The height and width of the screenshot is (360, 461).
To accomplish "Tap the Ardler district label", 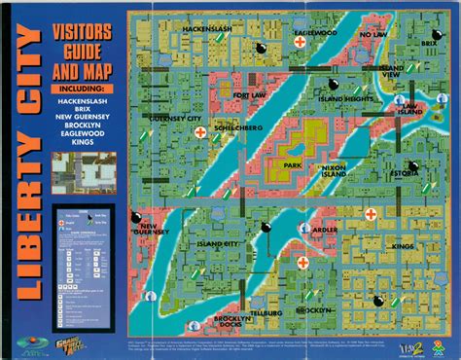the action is pos(325,231).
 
